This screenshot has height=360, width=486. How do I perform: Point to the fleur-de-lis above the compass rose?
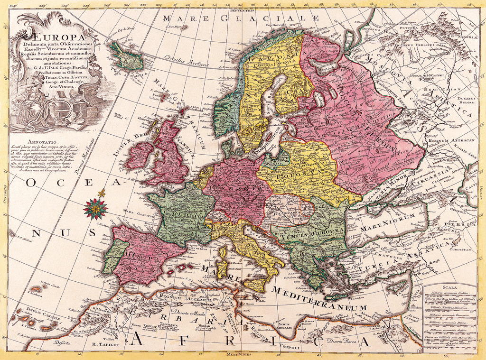(101, 194)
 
